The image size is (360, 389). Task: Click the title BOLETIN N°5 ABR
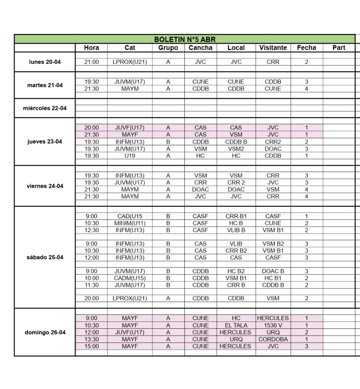pyautogui.click(x=185, y=39)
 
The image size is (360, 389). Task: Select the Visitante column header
pyautogui.click(x=273, y=48)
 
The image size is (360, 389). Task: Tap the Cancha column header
pyautogui.click(x=200, y=48)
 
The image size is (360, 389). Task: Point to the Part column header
pyautogui.click(x=338, y=48)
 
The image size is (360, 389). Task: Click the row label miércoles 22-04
pyautogui.click(x=45, y=108)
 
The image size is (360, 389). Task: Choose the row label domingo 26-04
pyautogui.click(x=45, y=332)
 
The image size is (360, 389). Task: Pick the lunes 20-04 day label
pyautogui.click(x=45, y=62)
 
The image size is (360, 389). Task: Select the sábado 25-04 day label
pyautogui.click(x=45, y=258)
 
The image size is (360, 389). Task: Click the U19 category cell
pyautogui.click(x=130, y=156)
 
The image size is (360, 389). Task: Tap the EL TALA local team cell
pyautogui.click(x=236, y=325)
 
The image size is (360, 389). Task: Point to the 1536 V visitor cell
pyautogui.click(x=273, y=325)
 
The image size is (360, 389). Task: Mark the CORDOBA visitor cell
pyautogui.click(x=273, y=339)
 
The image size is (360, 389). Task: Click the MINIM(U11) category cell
pyautogui.click(x=130, y=223)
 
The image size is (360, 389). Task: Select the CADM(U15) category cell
pyautogui.click(x=130, y=278)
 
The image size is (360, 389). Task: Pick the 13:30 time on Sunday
pyautogui.click(x=91, y=339)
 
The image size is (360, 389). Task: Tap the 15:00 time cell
pyautogui.click(x=91, y=346)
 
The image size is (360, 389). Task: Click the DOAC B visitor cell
pyautogui.click(x=273, y=271)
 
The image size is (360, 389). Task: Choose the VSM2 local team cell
pyautogui.click(x=236, y=149)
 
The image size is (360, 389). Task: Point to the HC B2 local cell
pyautogui.click(x=236, y=271)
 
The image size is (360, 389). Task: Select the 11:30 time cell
pyautogui.click(x=91, y=285)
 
